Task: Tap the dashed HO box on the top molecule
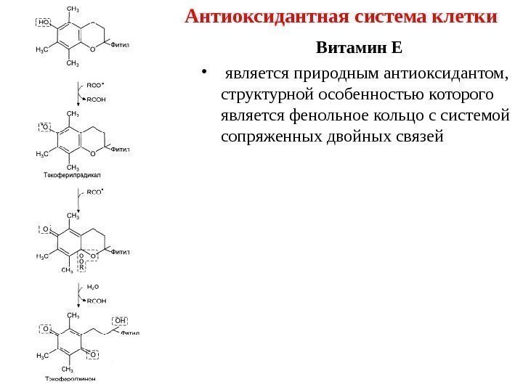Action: (44, 22)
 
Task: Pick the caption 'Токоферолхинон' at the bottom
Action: (70, 378)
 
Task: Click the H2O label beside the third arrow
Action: (94, 287)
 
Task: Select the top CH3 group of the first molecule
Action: (73, 8)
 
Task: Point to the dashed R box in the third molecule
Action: (82, 266)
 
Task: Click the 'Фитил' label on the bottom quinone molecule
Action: (130, 335)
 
